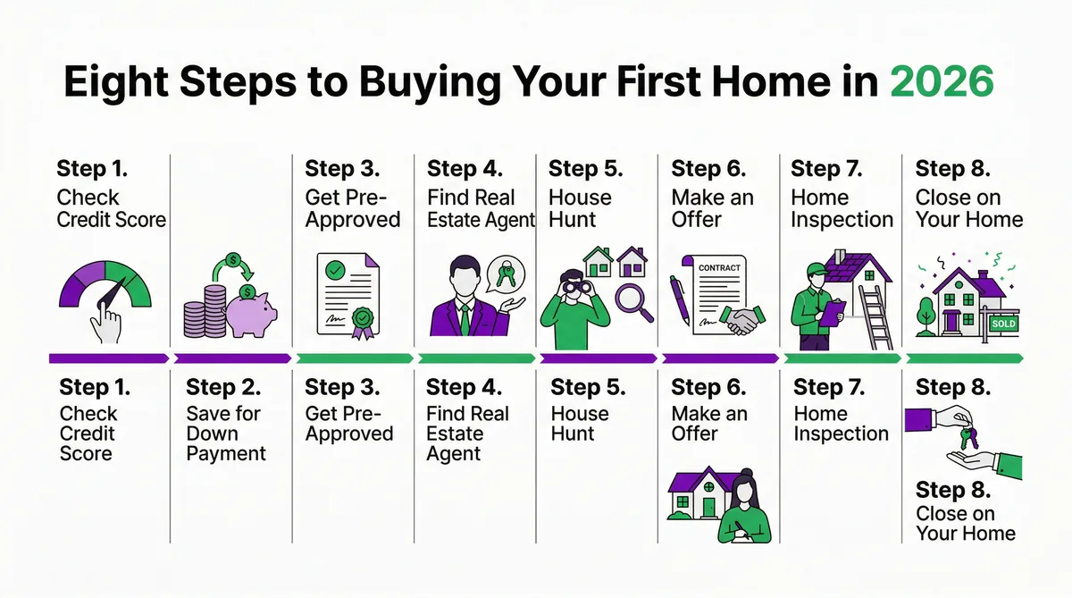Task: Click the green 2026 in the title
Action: point(943,82)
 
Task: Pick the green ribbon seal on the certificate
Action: point(362,320)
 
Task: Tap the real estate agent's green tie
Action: point(465,317)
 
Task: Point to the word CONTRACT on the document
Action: point(719,267)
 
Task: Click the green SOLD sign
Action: point(1003,324)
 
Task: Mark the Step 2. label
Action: point(223,388)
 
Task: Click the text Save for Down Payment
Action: point(225,434)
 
